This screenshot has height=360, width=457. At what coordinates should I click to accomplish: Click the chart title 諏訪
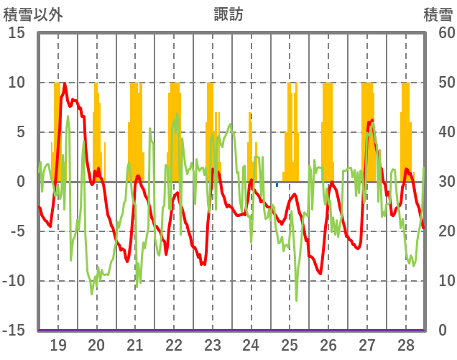pyautogui.click(x=228, y=13)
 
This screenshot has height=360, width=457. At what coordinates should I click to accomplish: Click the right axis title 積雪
pyautogui.click(x=438, y=13)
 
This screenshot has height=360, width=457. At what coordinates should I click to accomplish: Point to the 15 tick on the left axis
pyautogui.click(x=17, y=33)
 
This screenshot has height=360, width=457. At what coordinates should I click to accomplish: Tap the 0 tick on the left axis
pyautogui.click(x=21, y=182)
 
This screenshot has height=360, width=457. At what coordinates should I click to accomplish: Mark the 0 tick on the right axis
pyautogui.click(x=442, y=331)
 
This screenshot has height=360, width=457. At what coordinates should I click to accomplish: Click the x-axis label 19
pyautogui.click(x=58, y=344)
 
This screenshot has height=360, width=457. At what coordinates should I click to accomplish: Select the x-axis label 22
pyautogui.click(x=174, y=344)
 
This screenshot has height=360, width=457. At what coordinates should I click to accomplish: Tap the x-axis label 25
pyautogui.click(x=290, y=344)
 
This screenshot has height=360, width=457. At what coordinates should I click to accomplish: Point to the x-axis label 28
pyautogui.click(x=405, y=344)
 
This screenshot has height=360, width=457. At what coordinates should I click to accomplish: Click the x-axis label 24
pyautogui.click(x=251, y=344)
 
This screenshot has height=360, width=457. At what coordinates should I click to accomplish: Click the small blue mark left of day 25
pyautogui.click(x=277, y=185)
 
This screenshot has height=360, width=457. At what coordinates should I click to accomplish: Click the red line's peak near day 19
pyautogui.click(x=65, y=83)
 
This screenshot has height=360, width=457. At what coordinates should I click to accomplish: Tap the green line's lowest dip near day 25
pyautogui.click(x=296, y=300)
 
